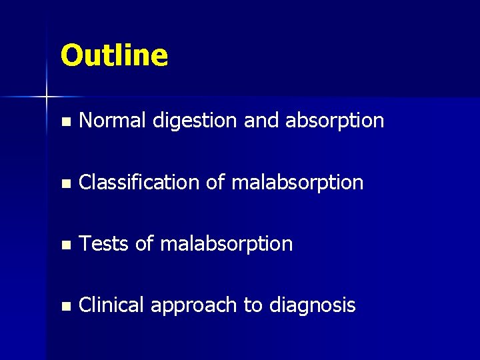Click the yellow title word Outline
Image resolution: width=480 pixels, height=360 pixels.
pyautogui.click(x=114, y=55)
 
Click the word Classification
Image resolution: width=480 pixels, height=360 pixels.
pyautogui.click(x=139, y=182)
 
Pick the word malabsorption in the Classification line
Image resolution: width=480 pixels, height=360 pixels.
pyautogui.click(x=297, y=183)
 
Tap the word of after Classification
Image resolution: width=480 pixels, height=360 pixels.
pyautogui.click(x=215, y=182)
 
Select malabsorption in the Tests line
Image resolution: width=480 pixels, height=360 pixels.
pyautogui.click(x=227, y=244)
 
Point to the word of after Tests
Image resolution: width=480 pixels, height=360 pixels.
pyautogui.click(x=145, y=244)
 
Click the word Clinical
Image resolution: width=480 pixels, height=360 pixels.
pyautogui.click(x=111, y=305)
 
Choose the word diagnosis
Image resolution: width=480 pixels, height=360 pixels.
pyautogui.click(x=312, y=306)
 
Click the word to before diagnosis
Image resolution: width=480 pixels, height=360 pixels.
pyautogui.click(x=253, y=306)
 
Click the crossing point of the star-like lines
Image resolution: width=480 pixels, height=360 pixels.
pyautogui.click(x=47, y=97)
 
